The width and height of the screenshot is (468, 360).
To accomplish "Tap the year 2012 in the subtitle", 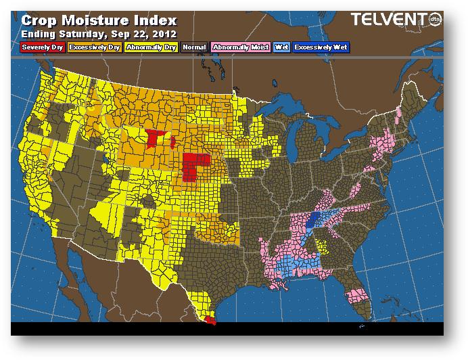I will coord(164,33).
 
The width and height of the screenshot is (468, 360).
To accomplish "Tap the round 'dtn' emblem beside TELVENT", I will coord(435,22).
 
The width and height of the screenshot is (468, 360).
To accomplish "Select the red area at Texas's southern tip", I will coord(210,318).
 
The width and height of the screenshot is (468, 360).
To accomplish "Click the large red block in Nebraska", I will coord(194,166).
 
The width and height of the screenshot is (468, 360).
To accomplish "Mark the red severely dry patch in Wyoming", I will coord(156,138).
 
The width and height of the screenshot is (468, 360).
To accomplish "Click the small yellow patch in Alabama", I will coord(327,246).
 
